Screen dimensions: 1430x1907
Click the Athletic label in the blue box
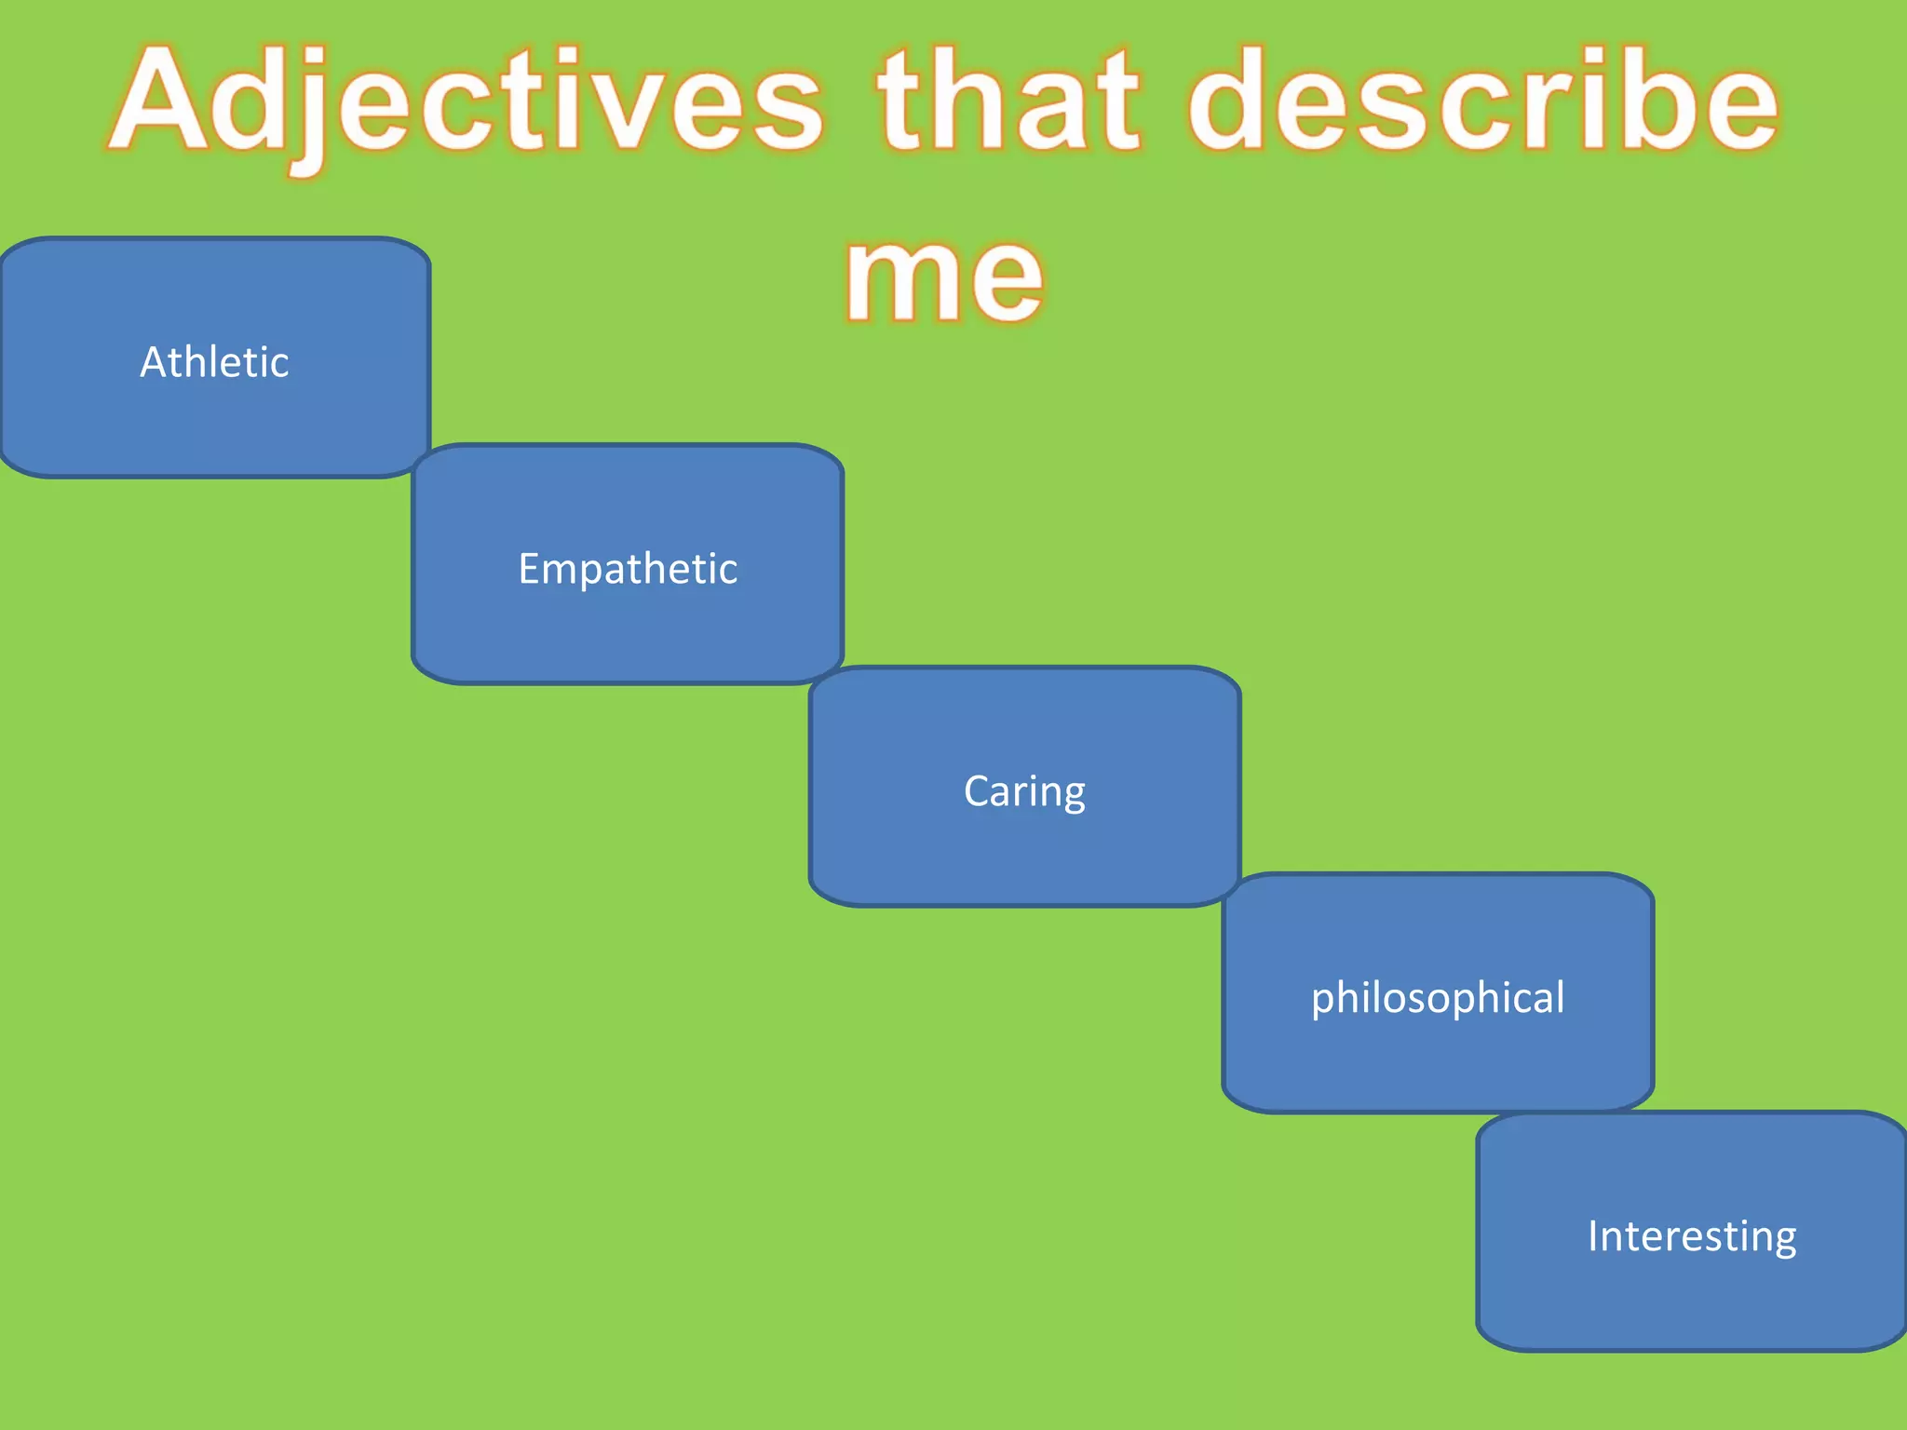click(214, 361)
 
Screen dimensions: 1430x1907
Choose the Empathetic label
click(628, 569)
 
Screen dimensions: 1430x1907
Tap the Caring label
click(1024, 791)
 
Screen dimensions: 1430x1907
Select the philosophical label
click(1438, 998)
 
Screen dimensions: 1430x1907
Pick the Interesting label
click(1692, 1236)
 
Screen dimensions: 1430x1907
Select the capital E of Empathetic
click(528, 569)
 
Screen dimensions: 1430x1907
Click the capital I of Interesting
click(1593, 1236)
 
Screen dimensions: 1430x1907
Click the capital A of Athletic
click(152, 361)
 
